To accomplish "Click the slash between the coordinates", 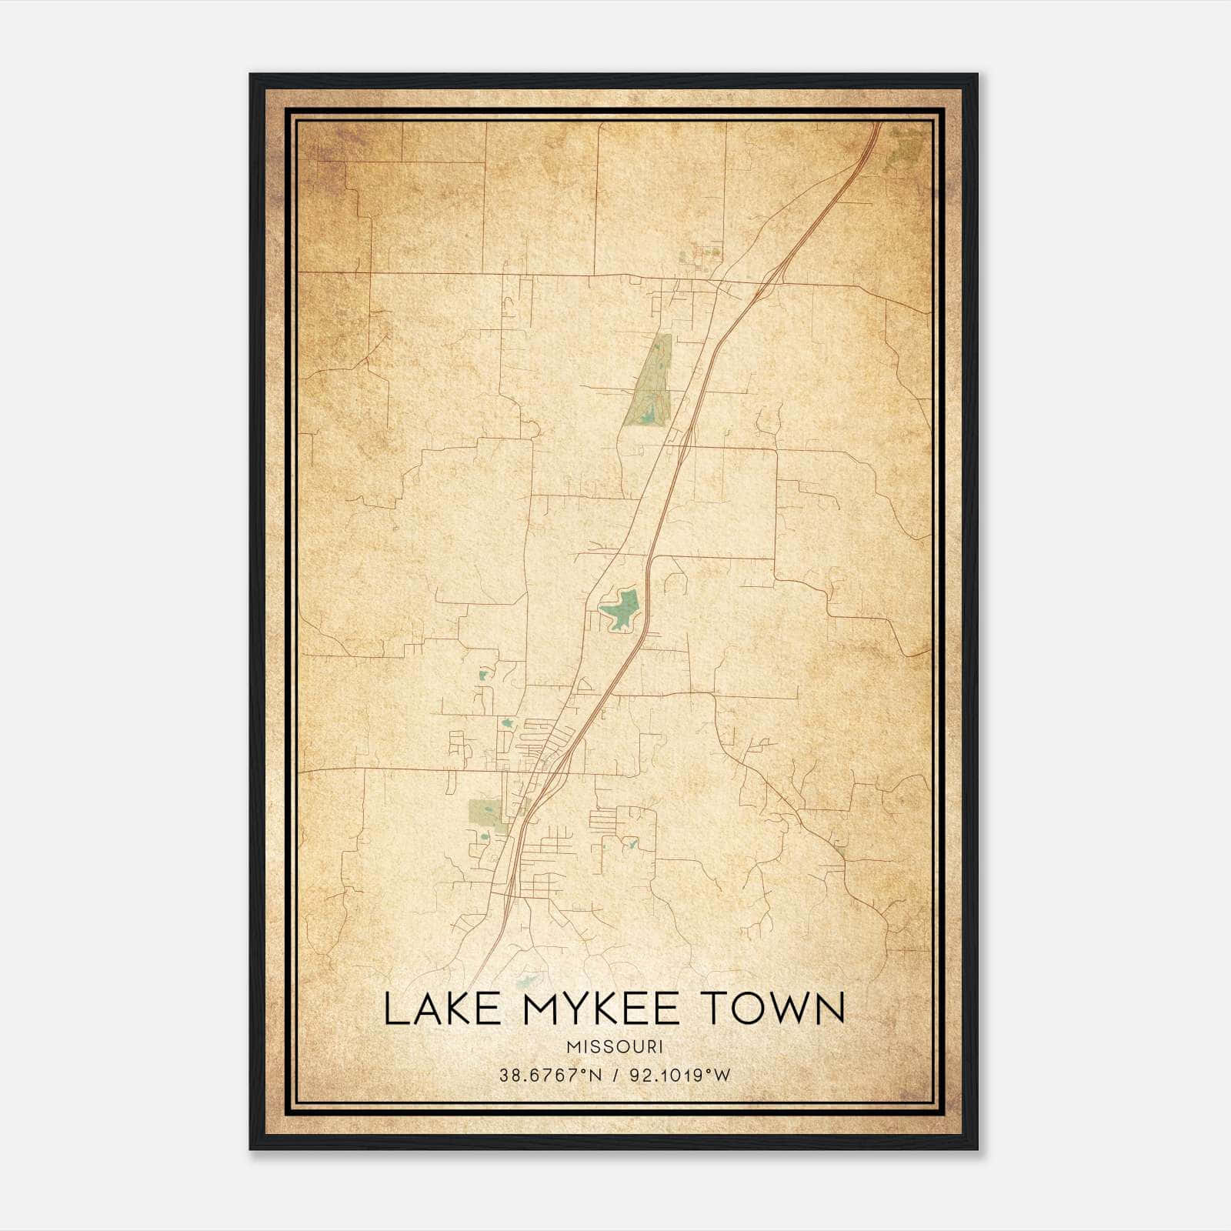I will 614,1075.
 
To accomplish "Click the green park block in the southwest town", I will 485,811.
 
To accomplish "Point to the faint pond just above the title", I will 528,980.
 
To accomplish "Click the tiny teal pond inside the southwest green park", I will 484,837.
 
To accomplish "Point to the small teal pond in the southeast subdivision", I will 632,844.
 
